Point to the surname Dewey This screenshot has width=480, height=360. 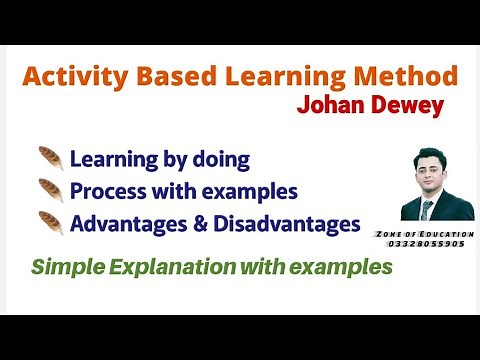tap(407, 107)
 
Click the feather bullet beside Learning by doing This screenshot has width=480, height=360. tap(50, 159)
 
